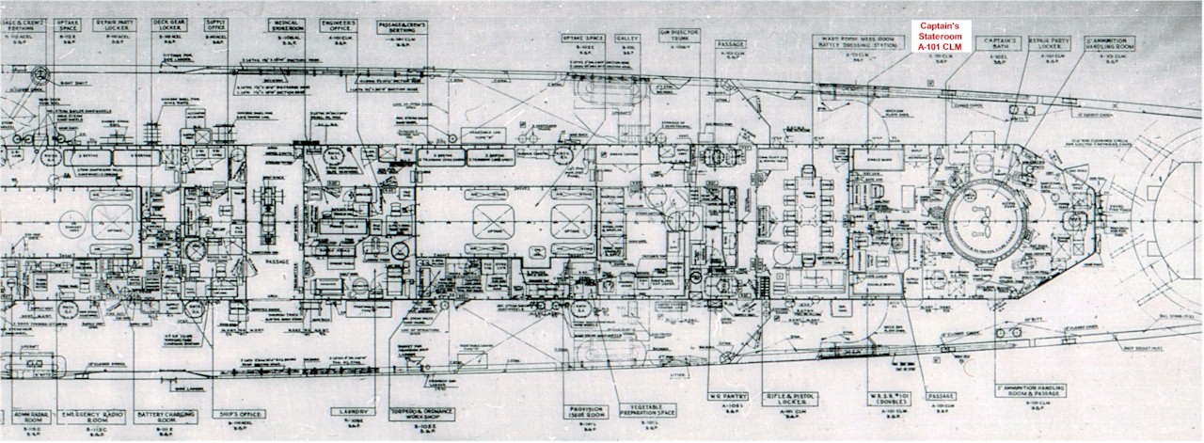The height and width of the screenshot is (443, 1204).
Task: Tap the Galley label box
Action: [x=627, y=39]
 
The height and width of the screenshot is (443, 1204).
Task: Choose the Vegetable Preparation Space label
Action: [x=642, y=413]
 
